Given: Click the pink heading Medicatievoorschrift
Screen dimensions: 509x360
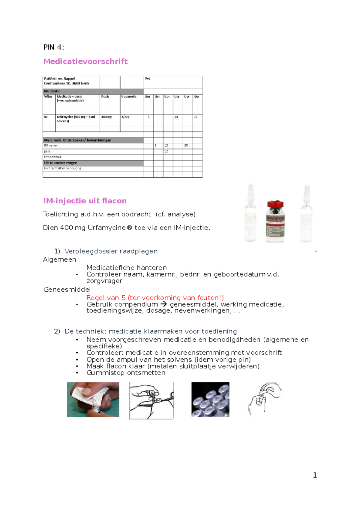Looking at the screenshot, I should [x=85, y=62].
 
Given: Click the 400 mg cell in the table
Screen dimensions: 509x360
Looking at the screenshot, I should [x=106, y=117].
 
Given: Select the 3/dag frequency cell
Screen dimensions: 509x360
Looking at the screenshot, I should [x=125, y=117].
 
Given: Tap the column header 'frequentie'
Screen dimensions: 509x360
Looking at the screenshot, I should [x=129, y=97].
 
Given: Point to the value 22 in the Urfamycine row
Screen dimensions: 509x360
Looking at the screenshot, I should [x=196, y=117].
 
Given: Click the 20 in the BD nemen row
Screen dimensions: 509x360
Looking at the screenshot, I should [x=186, y=145].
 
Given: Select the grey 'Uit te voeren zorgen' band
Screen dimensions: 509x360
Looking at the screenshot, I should [x=93, y=163].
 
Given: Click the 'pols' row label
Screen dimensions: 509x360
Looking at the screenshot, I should [x=47, y=151].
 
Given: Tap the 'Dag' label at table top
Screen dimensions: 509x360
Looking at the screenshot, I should [x=148, y=79].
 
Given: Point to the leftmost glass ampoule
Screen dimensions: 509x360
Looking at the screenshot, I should [x=250, y=213].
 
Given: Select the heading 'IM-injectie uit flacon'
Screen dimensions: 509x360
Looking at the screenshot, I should [x=85, y=201].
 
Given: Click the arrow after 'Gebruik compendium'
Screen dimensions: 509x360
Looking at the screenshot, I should [x=163, y=304].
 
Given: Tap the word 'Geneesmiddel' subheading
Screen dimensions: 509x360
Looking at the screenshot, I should [x=67, y=290].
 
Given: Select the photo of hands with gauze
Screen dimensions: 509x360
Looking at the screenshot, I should [x=93, y=399].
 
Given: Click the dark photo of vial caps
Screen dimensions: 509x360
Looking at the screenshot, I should [x=210, y=399].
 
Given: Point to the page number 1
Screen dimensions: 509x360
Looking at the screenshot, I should [x=315, y=475].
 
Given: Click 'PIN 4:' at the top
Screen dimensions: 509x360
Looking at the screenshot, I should [x=54, y=47].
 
